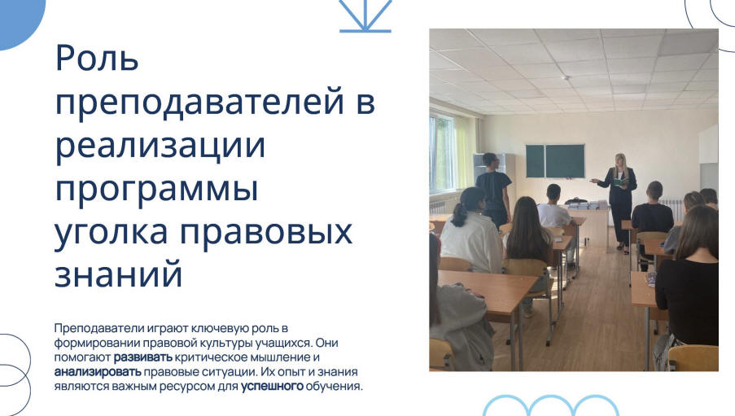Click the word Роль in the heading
tap(97, 58)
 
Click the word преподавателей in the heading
tap(200, 102)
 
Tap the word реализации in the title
tap(160, 146)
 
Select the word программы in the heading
tap(156, 190)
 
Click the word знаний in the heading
tap(118, 274)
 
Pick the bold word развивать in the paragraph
tap(143, 357)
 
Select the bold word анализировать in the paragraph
tap(98, 372)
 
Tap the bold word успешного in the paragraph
tap(273, 387)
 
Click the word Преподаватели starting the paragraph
tap(99, 328)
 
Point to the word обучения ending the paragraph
tap(335, 387)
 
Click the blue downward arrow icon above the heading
tap(365, 16)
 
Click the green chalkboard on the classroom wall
tap(555, 161)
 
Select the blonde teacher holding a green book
tap(619, 201)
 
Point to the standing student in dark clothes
tap(492, 189)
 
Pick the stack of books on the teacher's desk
tap(582, 204)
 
